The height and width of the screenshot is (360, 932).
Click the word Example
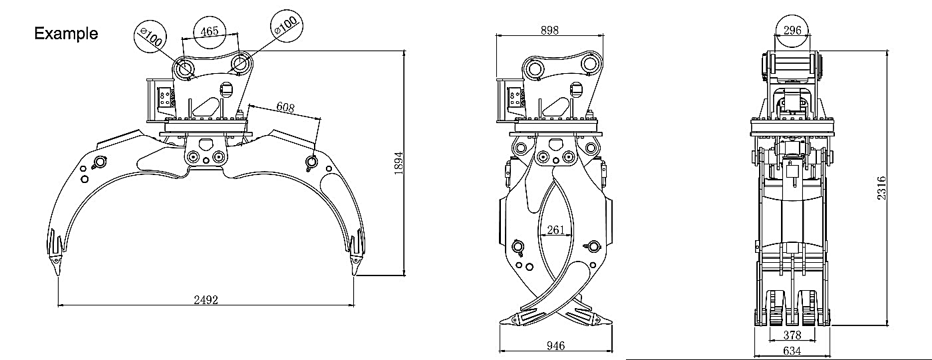point(66,33)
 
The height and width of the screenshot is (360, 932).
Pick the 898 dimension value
point(549,30)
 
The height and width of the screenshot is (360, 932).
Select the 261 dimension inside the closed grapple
point(555,230)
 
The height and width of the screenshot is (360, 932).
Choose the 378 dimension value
point(792,334)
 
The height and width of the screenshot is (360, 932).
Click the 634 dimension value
point(792,350)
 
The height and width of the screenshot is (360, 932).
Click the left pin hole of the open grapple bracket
point(185,68)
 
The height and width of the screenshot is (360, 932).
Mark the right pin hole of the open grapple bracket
point(240,65)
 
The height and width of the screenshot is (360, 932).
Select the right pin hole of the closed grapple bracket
point(589,65)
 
